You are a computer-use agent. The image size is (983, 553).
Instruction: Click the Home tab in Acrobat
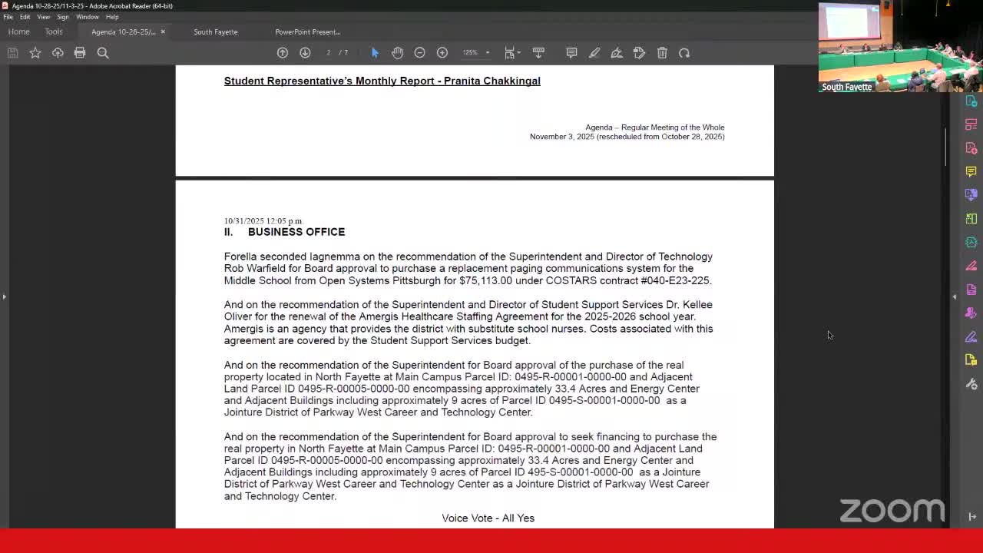coord(18,31)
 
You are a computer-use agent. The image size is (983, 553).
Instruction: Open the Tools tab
coord(54,31)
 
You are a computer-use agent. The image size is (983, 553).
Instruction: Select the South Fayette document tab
coord(215,31)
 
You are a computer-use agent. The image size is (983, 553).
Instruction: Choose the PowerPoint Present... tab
coord(307,31)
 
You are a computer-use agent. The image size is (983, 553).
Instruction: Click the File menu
coord(8,17)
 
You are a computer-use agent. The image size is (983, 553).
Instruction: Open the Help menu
coord(112,17)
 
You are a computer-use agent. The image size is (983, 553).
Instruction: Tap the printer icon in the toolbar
coord(80,52)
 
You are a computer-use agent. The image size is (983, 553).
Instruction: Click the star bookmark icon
coord(35,52)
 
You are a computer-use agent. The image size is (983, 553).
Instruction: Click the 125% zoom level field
coord(470,52)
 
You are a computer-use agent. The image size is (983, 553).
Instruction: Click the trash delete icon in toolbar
coord(662,52)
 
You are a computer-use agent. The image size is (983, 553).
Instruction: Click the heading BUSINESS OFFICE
coord(296,232)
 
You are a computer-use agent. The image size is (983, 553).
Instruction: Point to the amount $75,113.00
coord(485,280)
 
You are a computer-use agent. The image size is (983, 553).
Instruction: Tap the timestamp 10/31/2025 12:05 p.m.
coord(263,221)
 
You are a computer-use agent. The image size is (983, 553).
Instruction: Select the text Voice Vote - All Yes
coord(488,518)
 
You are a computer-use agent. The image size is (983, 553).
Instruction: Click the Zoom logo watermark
coord(892,510)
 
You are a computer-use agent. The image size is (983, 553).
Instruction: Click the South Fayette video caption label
coord(846,87)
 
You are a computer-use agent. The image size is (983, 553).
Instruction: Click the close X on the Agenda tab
coord(163,31)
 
